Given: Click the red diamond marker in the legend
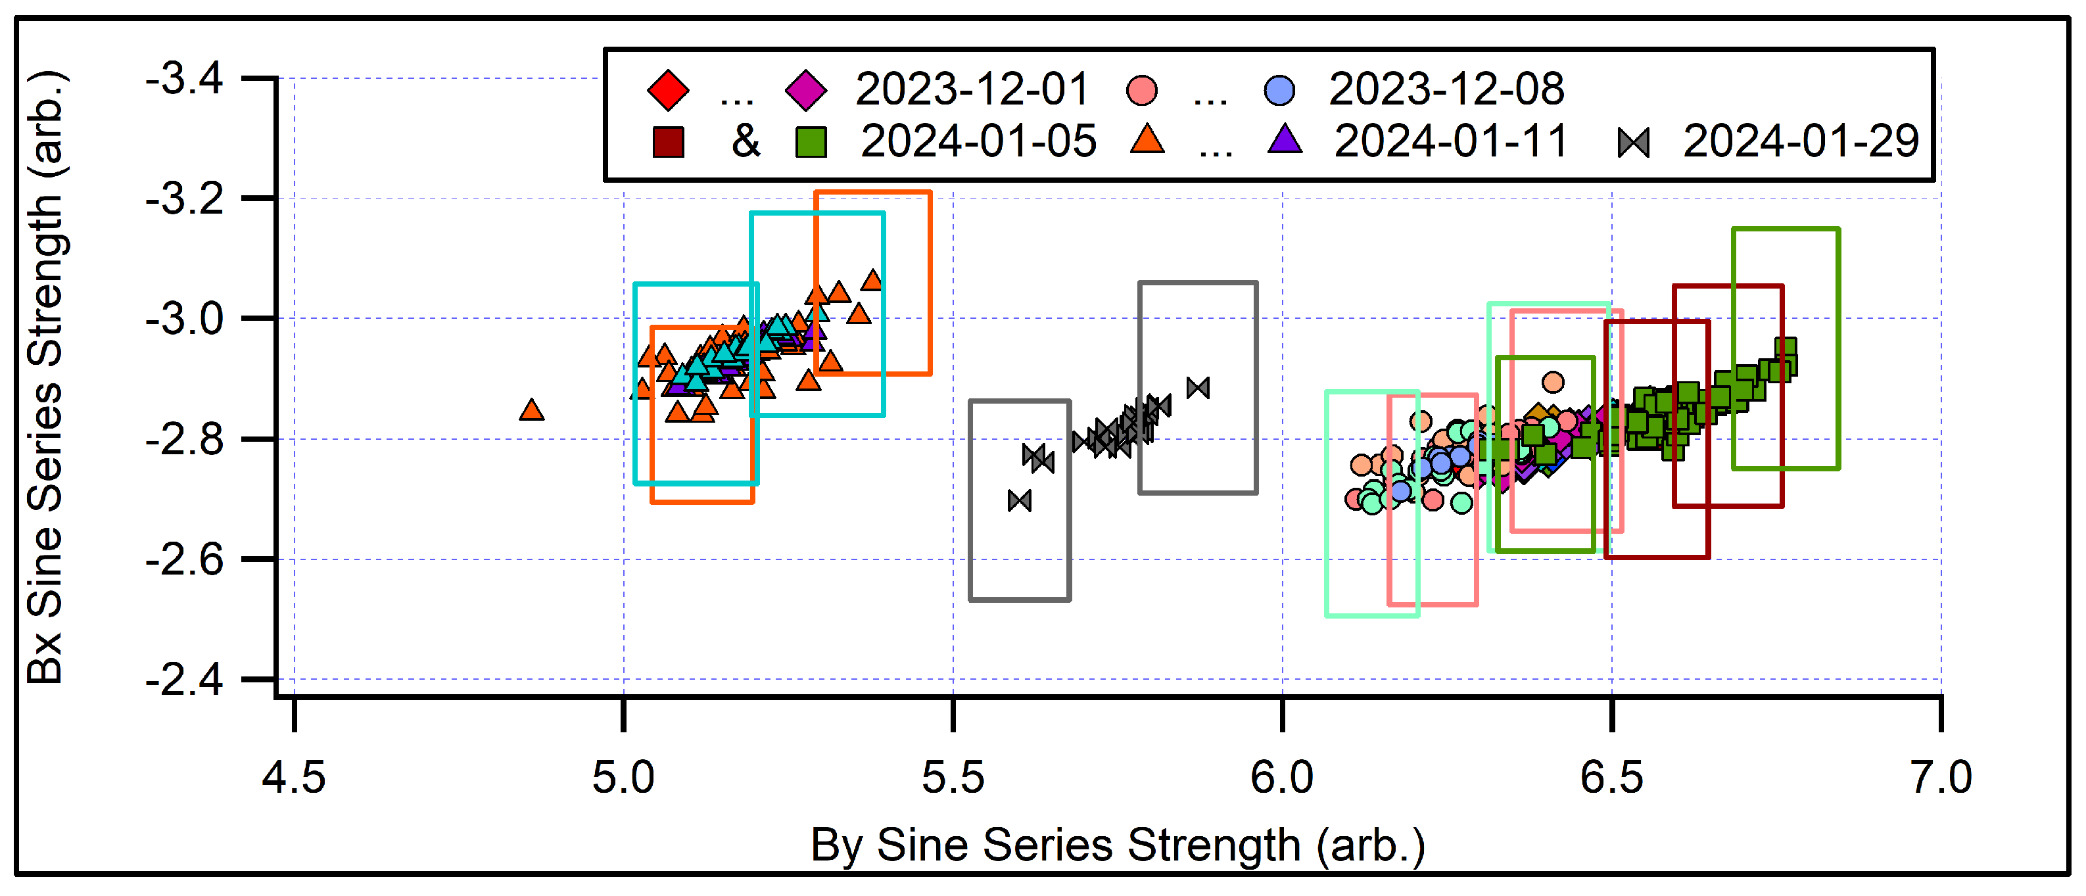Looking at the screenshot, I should point(668,90).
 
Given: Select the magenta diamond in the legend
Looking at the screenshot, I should point(806,90).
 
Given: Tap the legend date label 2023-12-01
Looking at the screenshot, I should point(972,89).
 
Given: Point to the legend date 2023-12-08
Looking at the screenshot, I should point(1446,89).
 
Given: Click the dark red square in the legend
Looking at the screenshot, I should point(668,143).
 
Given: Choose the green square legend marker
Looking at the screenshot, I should point(811,143).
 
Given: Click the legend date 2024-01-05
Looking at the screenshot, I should point(978,141).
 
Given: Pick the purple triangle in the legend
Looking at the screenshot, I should point(1285,140).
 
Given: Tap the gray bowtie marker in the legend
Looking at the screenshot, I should point(1633,143).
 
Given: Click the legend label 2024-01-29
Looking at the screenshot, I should point(1801,141).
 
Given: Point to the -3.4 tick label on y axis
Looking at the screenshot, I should point(184,80).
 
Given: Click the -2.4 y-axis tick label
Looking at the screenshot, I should point(184,679).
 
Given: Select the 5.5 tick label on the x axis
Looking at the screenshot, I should point(953,777).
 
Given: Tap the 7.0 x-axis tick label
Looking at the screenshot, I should point(1941,777).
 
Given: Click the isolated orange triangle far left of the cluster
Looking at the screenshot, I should point(531,410).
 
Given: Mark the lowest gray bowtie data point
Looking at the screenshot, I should point(1020,501).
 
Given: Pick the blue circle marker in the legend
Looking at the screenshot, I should point(1279,90).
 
